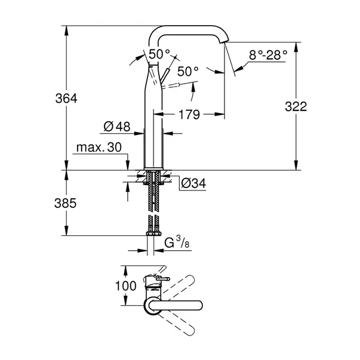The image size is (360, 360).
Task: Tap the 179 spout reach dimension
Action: [x=189, y=113]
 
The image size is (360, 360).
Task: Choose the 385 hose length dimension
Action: [x=65, y=203]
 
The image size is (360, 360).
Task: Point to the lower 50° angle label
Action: [x=187, y=71]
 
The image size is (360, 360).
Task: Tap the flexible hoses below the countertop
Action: [x=153, y=203]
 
